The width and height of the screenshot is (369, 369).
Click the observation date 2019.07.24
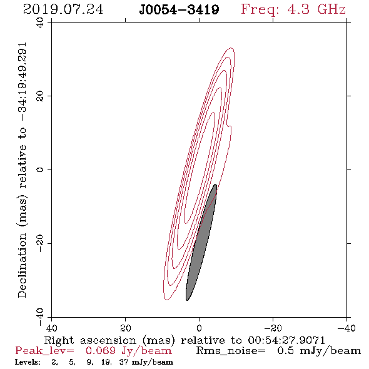coord(63,9)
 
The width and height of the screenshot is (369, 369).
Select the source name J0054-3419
coord(179,9)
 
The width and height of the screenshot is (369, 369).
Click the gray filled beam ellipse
coord(201,243)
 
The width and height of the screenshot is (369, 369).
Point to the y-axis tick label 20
coord(40,96)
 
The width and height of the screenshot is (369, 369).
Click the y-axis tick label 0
coord(40,169)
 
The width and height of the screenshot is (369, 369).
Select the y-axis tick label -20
coord(40,243)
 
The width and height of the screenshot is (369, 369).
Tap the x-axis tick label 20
coord(126,328)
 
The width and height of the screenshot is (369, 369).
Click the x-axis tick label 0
coord(199,328)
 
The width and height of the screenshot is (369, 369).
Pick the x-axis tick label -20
coord(273,328)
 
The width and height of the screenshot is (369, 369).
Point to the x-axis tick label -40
coord(346,328)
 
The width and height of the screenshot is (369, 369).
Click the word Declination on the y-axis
coord(22,265)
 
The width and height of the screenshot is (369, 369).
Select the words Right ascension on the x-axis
coord(90,340)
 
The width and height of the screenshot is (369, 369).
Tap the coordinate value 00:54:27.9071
coord(286,340)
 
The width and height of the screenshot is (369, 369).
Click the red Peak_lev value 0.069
coord(101,351)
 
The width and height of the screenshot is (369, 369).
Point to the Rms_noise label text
coord(231,351)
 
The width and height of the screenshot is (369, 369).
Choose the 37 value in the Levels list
coord(124,362)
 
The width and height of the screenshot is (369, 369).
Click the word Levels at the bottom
coord(28,362)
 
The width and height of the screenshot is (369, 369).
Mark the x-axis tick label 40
coord(51,328)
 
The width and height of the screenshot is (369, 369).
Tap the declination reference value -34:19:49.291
coord(22,82)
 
